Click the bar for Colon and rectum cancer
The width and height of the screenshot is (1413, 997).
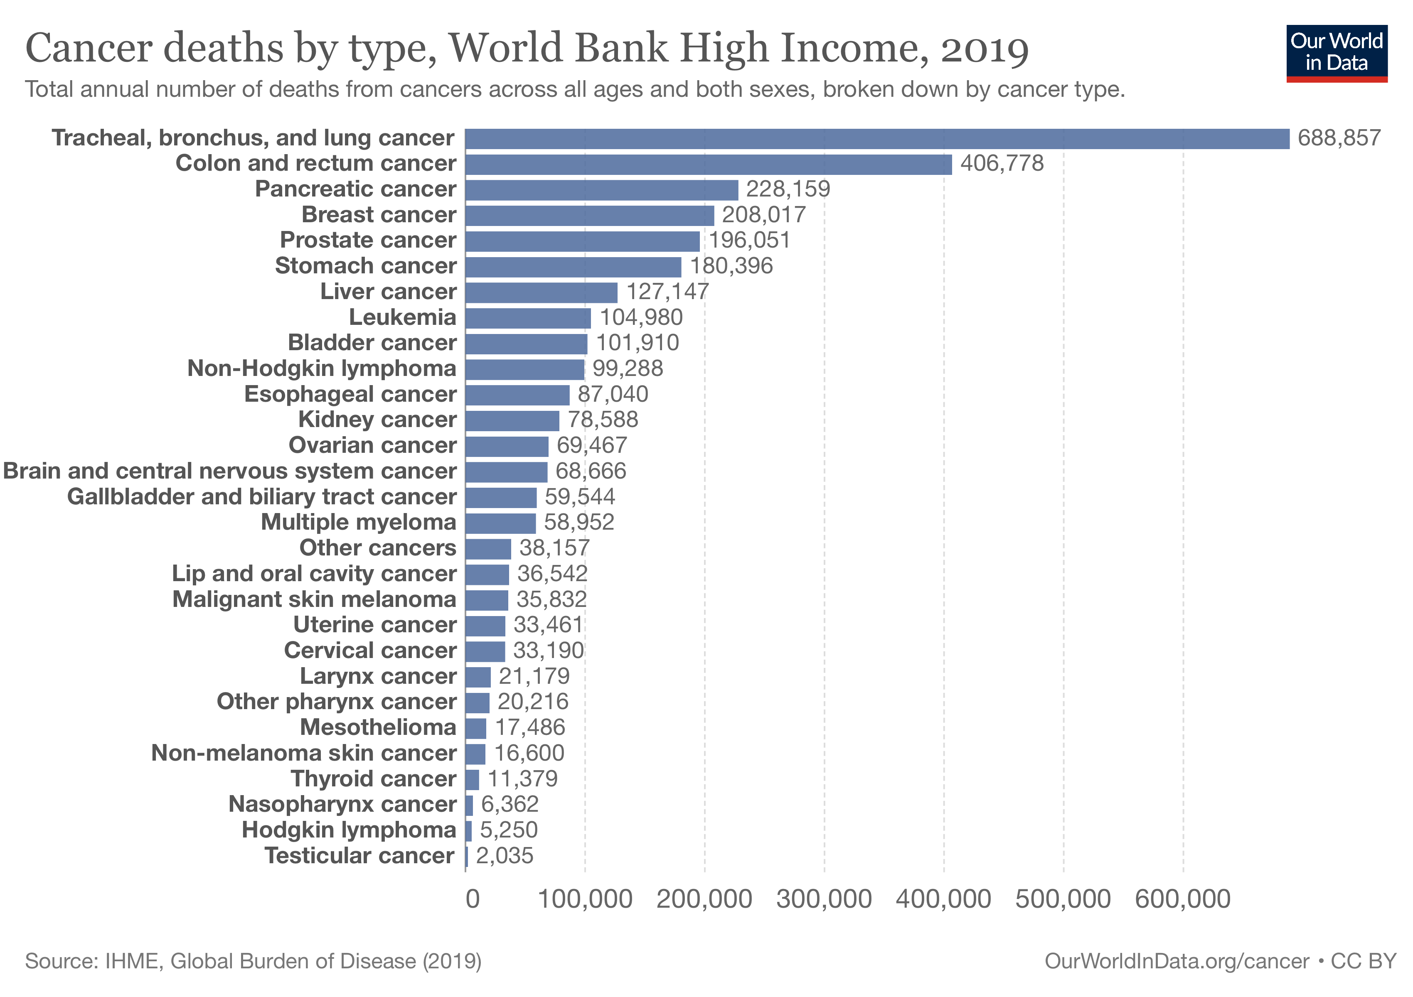[708, 164]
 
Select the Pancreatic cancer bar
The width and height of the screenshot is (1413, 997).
[601, 190]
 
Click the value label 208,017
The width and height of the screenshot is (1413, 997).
[764, 215]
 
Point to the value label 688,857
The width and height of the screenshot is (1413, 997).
[1339, 138]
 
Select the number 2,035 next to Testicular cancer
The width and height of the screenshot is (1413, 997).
[505, 855]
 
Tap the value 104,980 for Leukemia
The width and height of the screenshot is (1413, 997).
[641, 317]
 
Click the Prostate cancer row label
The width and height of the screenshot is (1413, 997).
[368, 240]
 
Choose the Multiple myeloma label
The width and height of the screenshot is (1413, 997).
[358, 522]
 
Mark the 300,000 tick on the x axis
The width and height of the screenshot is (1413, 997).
[824, 899]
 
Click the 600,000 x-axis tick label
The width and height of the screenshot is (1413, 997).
[1183, 899]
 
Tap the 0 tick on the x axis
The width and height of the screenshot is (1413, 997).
[473, 899]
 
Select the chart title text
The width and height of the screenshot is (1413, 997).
[527, 48]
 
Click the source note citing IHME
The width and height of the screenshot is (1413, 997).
[253, 961]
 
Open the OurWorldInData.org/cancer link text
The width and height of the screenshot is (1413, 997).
[1177, 961]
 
